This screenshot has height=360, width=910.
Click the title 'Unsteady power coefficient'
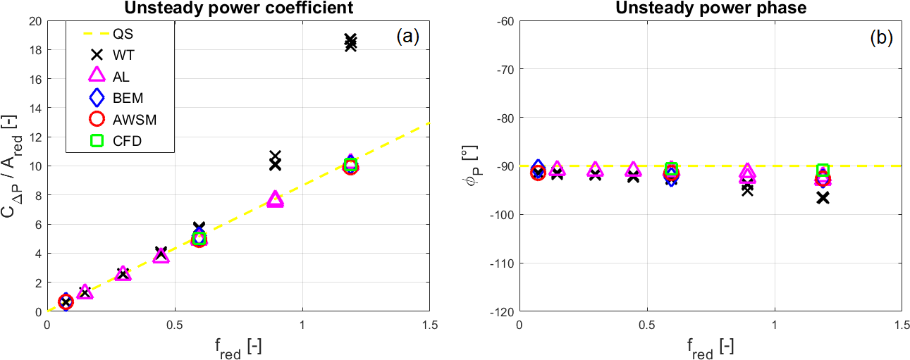(238, 8)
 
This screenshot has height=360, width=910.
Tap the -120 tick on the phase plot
(500, 311)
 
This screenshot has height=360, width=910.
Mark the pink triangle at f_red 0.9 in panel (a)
(276, 200)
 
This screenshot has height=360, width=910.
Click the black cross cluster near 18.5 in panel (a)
(350, 42)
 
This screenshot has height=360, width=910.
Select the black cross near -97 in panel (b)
(822, 198)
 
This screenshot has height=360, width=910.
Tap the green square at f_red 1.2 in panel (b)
(822, 170)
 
